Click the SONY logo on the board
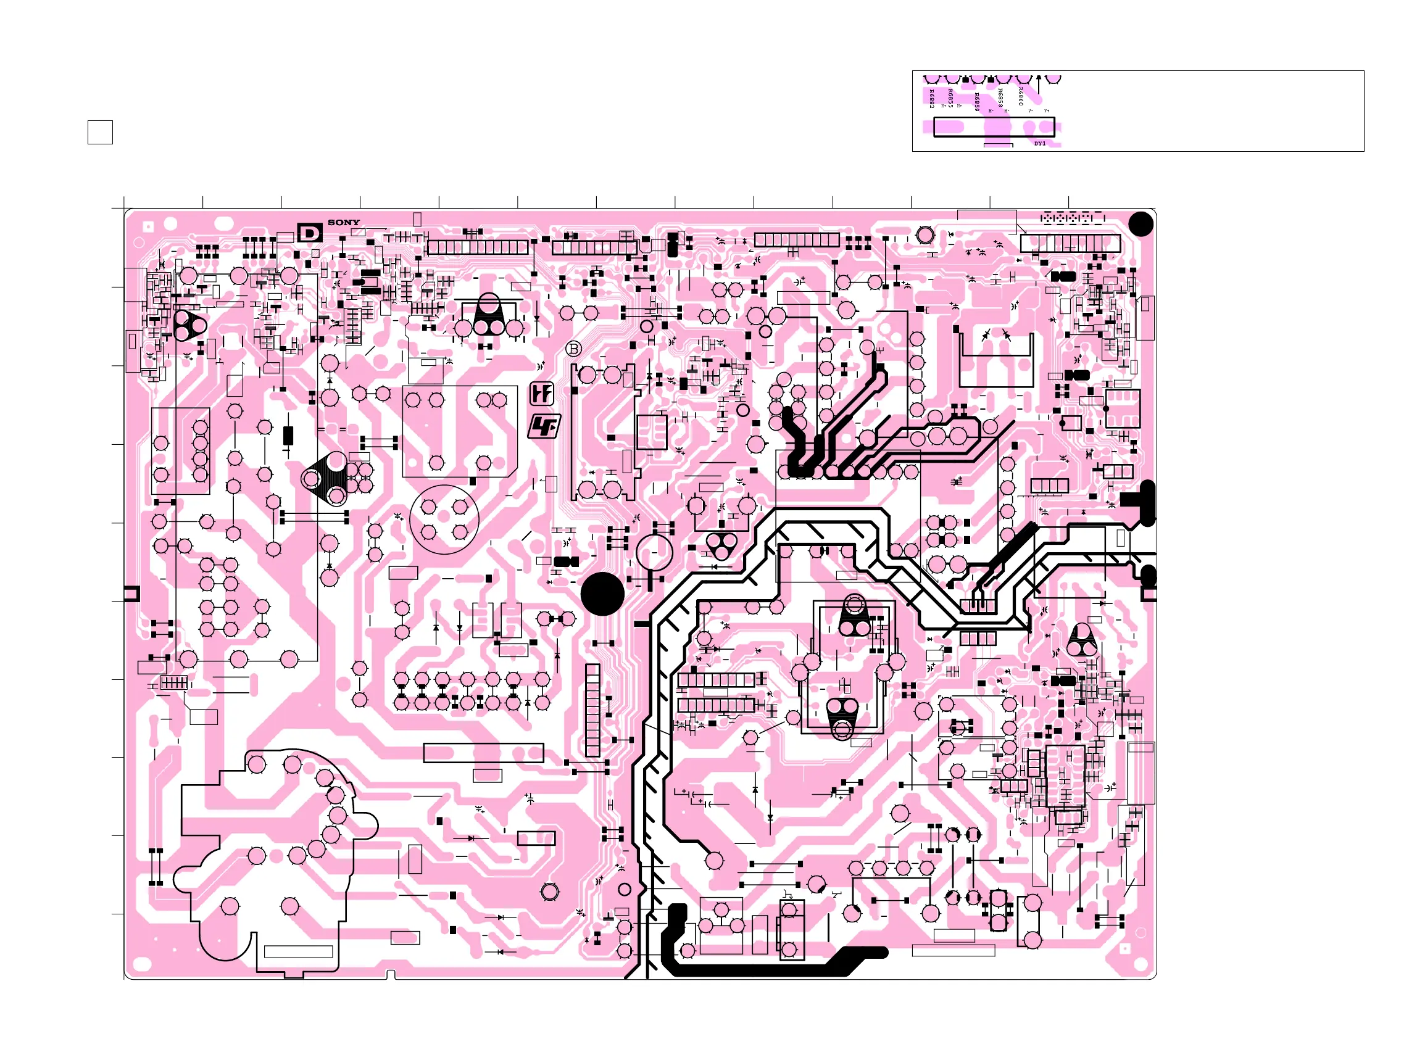click(x=343, y=222)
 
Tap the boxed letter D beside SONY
click(x=309, y=233)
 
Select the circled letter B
click(x=573, y=349)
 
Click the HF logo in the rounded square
click(x=541, y=394)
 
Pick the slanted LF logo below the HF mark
click(x=544, y=426)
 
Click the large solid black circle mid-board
click(x=602, y=594)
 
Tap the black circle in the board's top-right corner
click(x=1141, y=224)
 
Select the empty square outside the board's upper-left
click(x=100, y=132)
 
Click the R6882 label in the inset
click(x=931, y=98)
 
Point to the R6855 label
click(x=950, y=97)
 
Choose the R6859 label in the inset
click(x=976, y=102)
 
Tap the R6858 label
click(x=1000, y=97)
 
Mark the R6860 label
click(x=1020, y=96)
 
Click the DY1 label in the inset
click(x=1040, y=143)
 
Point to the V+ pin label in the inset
click(x=1047, y=110)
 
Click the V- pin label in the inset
click(x=1030, y=110)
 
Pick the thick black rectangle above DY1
click(x=994, y=127)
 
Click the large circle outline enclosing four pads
click(x=444, y=519)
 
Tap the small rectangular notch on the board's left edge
click(x=131, y=593)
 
